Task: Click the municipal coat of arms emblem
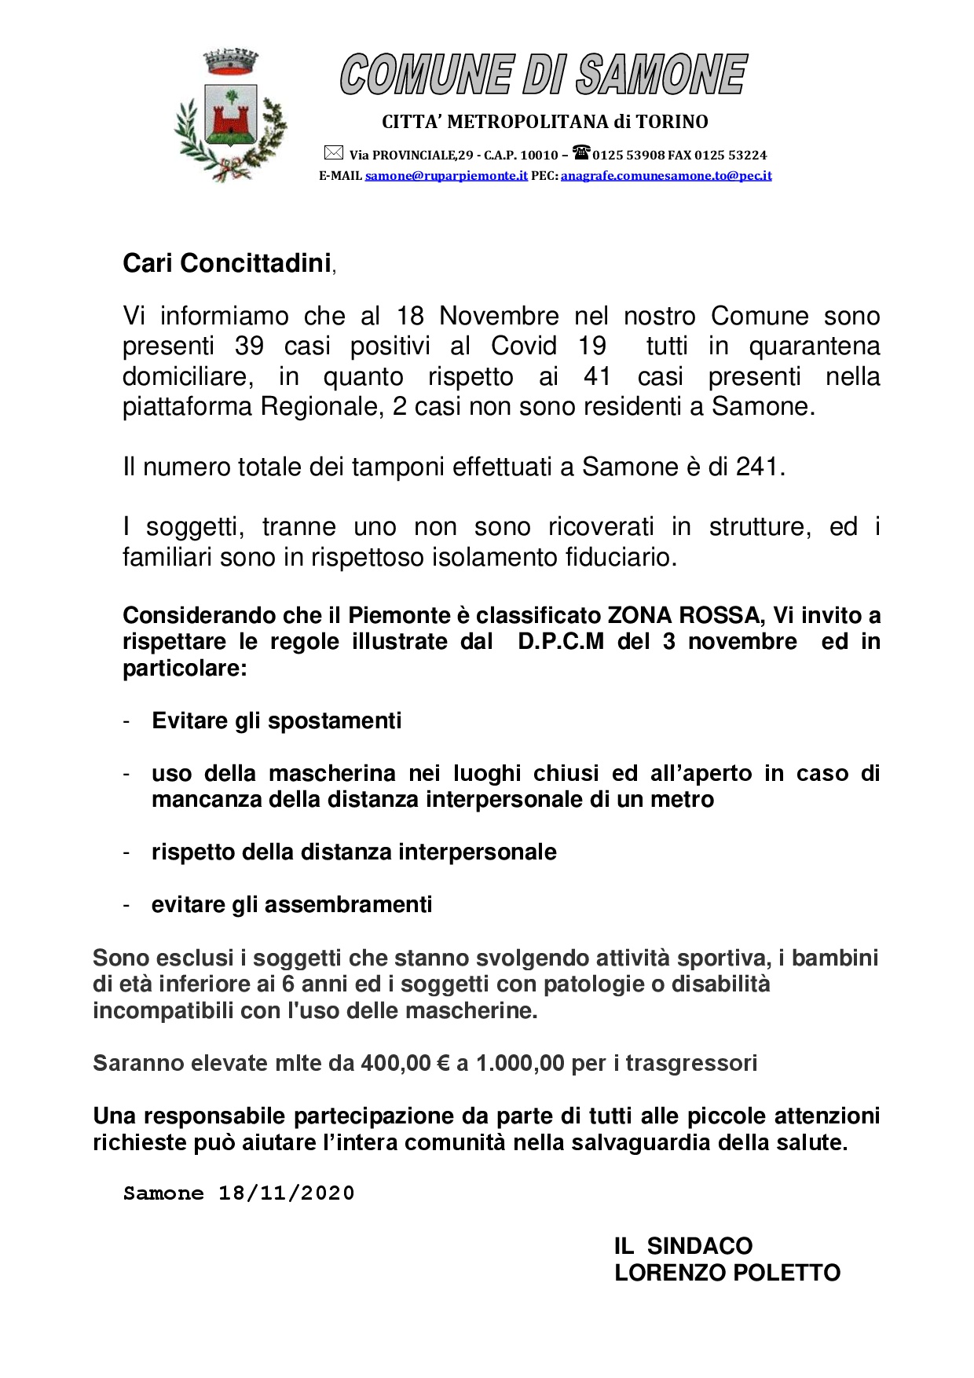coord(231,116)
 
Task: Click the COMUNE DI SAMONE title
coord(544,75)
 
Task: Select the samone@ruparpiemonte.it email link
coord(446,176)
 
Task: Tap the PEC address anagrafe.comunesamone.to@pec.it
coord(666,176)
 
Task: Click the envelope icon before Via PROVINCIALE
coord(334,153)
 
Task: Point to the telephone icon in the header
coord(580,152)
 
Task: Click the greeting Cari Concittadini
coord(227,264)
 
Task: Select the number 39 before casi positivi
coord(249,346)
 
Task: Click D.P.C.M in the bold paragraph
coord(561,642)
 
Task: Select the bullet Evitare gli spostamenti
coord(276,721)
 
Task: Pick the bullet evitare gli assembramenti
coord(291,905)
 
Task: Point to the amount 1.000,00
coord(520,1064)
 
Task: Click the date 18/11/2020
coord(286,1193)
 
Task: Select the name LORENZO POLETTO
coord(727,1273)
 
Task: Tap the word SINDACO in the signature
coord(699,1246)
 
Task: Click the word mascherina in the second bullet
coord(332,774)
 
